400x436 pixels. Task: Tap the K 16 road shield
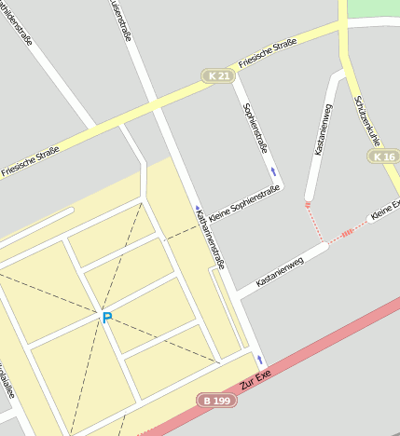click(x=383, y=157)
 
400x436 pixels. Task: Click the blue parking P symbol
click(x=107, y=318)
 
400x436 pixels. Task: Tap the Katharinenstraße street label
click(x=211, y=239)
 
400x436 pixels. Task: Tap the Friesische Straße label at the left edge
click(x=30, y=160)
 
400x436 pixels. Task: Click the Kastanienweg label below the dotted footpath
click(x=280, y=271)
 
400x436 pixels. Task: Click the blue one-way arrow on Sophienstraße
click(x=273, y=171)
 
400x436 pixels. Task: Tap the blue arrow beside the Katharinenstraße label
click(x=198, y=209)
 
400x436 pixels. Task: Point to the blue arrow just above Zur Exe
click(x=260, y=360)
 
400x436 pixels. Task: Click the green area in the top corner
click(x=374, y=8)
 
